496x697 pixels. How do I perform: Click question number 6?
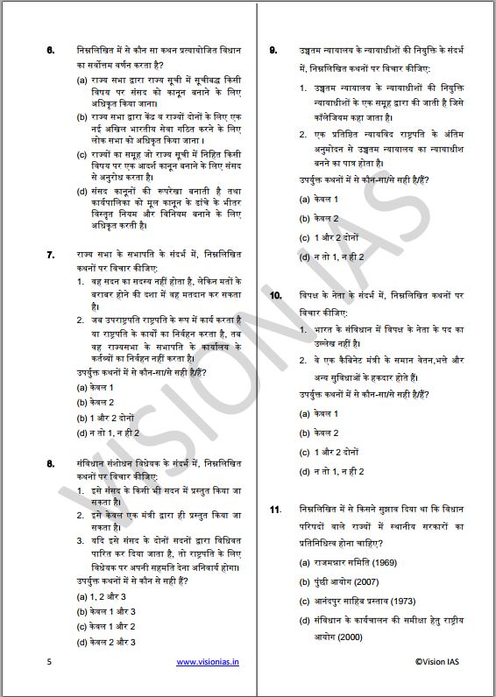51,50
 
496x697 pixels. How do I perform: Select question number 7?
51,254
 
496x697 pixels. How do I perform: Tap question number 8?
51,461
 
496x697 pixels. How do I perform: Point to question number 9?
274,50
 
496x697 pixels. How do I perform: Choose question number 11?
275,510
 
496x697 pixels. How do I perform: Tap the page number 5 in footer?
49,663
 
